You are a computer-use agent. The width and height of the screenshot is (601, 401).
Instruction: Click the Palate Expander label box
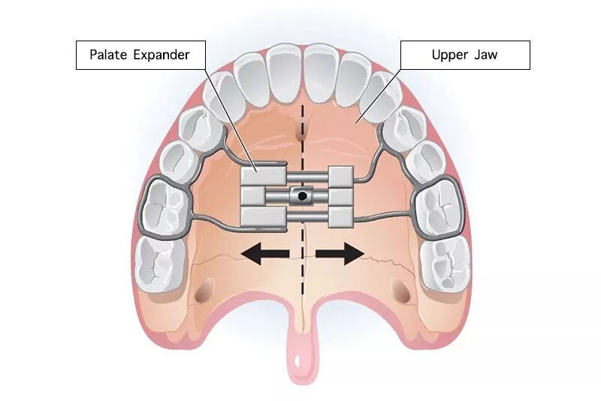[x=140, y=55]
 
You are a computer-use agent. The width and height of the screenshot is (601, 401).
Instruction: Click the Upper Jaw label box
[x=465, y=55]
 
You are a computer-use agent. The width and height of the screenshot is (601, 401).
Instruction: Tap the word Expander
[x=162, y=55]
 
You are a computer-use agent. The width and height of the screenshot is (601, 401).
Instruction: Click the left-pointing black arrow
[x=265, y=253]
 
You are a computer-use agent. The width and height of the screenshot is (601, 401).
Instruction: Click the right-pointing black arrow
[x=340, y=253]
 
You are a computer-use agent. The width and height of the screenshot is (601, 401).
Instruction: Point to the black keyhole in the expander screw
[x=302, y=196]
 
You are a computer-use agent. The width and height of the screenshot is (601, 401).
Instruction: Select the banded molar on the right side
[x=438, y=207]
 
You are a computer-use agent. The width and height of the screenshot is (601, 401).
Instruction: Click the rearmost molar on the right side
[x=445, y=264]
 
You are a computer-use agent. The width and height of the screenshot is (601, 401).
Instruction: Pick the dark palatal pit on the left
[x=204, y=290]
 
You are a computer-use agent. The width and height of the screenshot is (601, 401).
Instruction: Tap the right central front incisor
[x=322, y=74]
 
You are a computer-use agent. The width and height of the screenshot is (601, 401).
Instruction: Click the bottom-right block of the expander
[x=341, y=216]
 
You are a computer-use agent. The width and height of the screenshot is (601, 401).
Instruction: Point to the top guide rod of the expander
[x=307, y=177]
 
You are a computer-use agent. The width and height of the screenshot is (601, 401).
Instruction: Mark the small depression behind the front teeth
[x=302, y=131]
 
